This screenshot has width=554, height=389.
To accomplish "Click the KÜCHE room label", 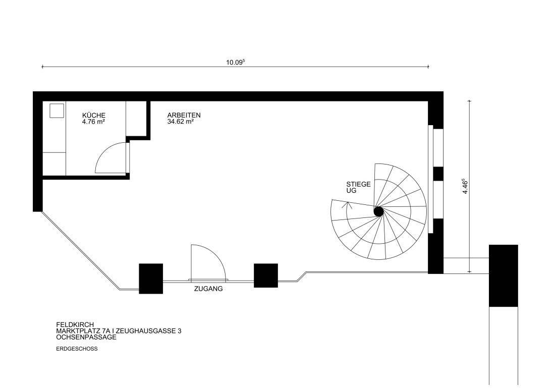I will tap(93, 116).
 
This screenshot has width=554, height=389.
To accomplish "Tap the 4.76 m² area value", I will tap(93, 122).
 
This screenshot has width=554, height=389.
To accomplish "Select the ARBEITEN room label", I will tap(184, 116).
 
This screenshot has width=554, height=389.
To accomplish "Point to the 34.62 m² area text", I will tap(181, 122).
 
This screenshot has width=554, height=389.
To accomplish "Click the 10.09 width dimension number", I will tap(235, 63).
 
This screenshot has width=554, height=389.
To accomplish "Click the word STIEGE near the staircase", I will tap(358, 185).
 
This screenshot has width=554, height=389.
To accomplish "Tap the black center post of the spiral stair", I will tap(378, 212).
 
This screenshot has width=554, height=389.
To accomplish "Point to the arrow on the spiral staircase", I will tap(347, 205).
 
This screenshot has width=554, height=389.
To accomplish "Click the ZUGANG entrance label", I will tap(208, 289).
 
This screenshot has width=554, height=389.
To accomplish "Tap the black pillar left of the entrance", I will tap(151, 279).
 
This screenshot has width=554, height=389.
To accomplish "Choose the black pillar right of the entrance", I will tap(265, 275).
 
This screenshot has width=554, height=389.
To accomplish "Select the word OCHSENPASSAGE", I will tap(86, 337).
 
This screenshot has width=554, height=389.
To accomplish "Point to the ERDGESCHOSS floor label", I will tap(77, 349).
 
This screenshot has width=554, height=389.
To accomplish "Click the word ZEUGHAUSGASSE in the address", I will tap(143, 331).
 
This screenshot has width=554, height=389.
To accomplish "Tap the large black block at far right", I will tap(503, 275).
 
